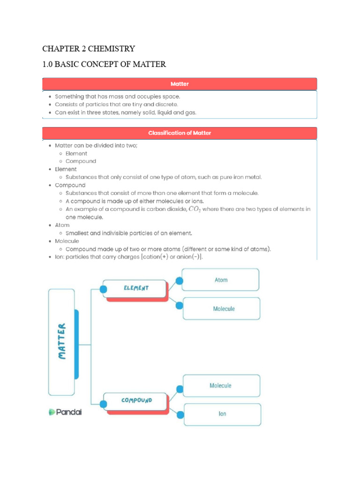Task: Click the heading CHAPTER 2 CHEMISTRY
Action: point(89,48)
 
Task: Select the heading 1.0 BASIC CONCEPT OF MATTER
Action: point(104,64)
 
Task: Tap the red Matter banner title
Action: point(180,84)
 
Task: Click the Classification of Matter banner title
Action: point(180,133)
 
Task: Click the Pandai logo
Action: point(65,412)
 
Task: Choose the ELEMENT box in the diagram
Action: point(136,288)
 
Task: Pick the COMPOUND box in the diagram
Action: point(136,401)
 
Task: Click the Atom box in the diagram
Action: point(221,280)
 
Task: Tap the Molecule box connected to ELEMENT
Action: point(224,309)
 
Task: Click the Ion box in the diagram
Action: point(222,414)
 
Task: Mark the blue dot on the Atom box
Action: point(179,281)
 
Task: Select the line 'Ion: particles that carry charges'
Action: point(128,257)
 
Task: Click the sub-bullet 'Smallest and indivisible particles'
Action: point(128,233)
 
